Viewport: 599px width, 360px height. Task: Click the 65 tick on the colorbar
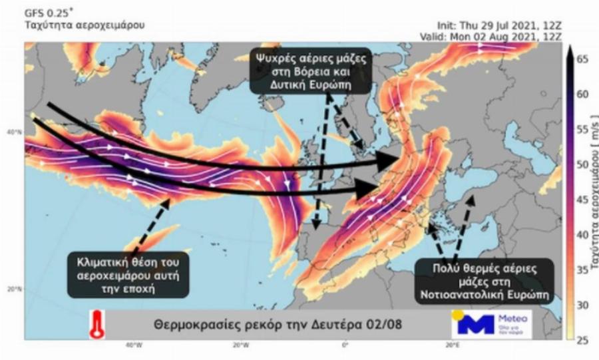(x=582, y=59)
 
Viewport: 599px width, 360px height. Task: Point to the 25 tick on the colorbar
(x=582, y=341)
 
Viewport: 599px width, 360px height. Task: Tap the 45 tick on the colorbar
(x=582, y=200)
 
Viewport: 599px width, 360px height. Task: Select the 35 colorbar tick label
(x=582, y=270)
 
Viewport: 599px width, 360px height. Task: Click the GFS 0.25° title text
(x=51, y=13)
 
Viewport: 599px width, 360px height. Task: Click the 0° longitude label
(x=345, y=345)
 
